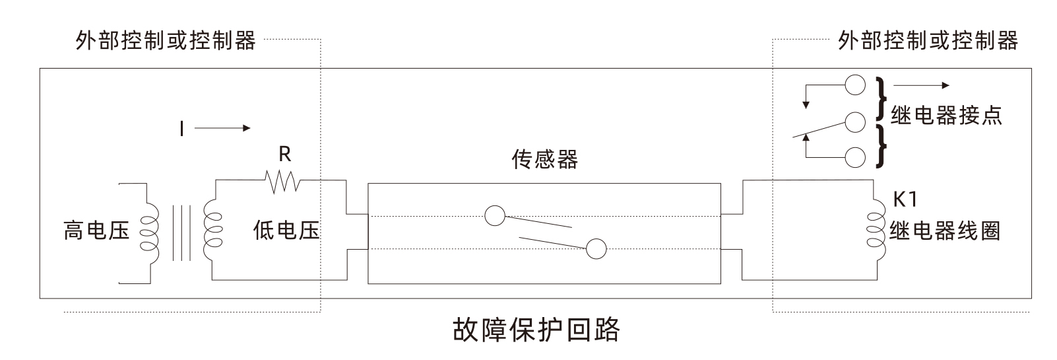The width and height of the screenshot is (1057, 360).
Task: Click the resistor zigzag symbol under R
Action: tap(282, 180)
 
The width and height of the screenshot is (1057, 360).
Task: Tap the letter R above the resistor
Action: tap(284, 155)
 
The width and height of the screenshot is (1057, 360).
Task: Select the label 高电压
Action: tap(96, 231)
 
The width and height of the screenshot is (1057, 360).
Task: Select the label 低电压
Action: tap(286, 231)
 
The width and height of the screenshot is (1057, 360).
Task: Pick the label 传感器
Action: tap(544, 160)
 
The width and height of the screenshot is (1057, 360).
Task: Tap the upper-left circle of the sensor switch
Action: tap(495, 215)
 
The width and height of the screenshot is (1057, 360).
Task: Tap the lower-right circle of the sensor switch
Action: tap(596, 249)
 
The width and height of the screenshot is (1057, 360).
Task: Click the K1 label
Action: tap(905, 199)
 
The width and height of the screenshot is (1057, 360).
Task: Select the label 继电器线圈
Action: tap(945, 231)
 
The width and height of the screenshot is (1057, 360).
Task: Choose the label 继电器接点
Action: tap(946, 116)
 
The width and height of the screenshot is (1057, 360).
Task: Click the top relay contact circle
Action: tap(854, 85)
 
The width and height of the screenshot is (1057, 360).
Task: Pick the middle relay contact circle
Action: tap(854, 122)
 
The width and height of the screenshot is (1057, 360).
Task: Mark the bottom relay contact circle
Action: tap(854, 157)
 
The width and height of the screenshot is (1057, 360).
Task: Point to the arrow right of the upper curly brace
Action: tap(921, 85)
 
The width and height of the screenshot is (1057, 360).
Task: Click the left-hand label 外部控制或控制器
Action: tap(166, 41)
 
